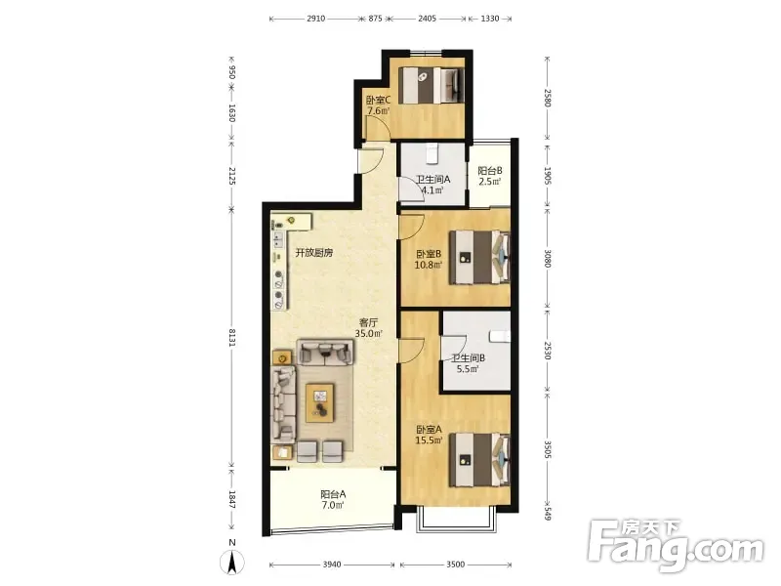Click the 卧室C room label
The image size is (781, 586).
378,101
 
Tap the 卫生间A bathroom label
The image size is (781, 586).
432,180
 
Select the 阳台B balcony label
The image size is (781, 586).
490,170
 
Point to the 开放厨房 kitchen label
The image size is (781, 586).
314,253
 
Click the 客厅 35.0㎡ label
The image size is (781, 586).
369,328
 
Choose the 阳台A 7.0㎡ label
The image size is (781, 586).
333,500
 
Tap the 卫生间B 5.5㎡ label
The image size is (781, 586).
469,363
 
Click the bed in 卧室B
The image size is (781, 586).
479,257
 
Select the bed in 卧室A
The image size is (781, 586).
479,460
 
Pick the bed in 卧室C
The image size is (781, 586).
432,85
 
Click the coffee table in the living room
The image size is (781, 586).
320,402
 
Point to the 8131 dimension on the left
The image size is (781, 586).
231,337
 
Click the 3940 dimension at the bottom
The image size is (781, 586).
332,565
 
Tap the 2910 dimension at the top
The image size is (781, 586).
315,19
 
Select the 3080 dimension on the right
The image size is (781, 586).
548,259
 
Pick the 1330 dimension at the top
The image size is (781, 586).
490,19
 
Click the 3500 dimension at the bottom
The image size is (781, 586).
455,565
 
